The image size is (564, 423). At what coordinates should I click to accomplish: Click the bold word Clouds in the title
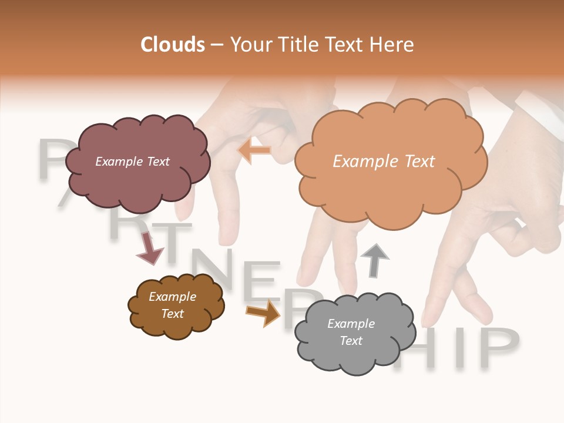click(x=173, y=45)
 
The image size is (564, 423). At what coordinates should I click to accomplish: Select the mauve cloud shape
click(x=137, y=176)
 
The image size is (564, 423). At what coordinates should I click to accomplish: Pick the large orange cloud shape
click(x=390, y=188)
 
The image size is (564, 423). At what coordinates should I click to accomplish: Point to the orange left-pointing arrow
click(x=254, y=150)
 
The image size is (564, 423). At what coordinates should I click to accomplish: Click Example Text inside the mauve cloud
click(x=132, y=162)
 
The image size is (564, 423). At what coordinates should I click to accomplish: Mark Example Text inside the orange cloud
click(x=384, y=162)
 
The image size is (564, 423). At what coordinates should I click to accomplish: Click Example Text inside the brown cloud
click(x=172, y=305)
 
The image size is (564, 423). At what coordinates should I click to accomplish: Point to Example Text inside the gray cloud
click(x=351, y=332)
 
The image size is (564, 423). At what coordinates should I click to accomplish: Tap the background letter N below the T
click(x=216, y=271)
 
